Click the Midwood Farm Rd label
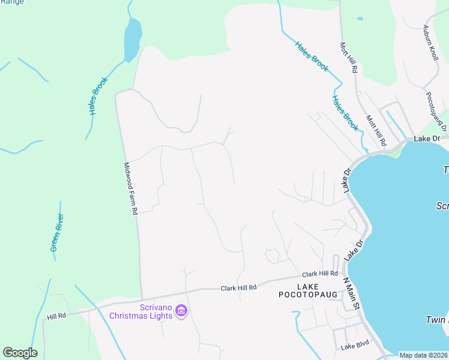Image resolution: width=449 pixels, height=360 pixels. (x=131, y=188)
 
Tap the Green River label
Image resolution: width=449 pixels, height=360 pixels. (x=57, y=233)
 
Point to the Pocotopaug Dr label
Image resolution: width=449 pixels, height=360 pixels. (x=436, y=111)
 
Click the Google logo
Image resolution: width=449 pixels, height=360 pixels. (x=20, y=353)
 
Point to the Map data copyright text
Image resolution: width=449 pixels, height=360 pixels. (x=423, y=355)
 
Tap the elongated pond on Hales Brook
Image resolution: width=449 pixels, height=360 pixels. (x=132, y=40)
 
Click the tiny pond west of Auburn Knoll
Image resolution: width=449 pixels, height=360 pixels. (x=360, y=19)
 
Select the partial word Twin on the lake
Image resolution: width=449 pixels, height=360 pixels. (x=437, y=320)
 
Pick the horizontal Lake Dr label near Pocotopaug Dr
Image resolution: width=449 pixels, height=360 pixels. (x=427, y=139)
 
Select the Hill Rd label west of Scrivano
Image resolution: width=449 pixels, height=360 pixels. (x=56, y=316)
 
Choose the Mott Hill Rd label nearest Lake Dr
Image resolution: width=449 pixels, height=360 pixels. (x=376, y=130)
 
